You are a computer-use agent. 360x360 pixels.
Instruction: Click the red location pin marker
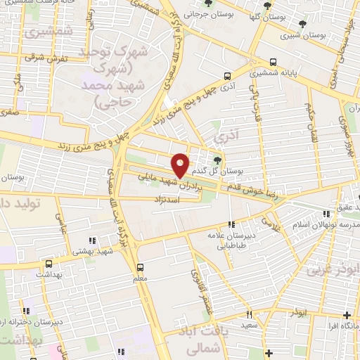pyautogui.click(x=181, y=165)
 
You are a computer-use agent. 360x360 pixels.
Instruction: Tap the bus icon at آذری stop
pyautogui.click(x=227, y=76)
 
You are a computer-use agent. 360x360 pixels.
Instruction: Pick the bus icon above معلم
pyautogui.click(x=140, y=267)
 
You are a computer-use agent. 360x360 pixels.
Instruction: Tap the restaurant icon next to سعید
pyautogui.click(x=248, y=316)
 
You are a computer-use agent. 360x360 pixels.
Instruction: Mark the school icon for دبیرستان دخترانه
pyautogui.click(x=26, y=311)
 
